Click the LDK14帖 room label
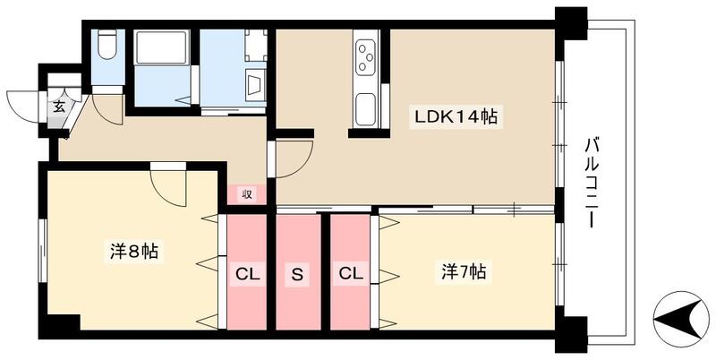coord(454,116)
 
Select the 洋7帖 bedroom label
coord(464,270)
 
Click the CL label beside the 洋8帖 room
coord(247,274)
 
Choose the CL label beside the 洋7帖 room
coord(350,274)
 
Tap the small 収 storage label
coord(246,193)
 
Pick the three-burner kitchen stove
coord(367,59)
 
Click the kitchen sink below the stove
coord(366,112)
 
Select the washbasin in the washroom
coord(254,87)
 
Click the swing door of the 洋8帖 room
coord(167,184)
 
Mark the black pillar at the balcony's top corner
coord(570,21)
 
